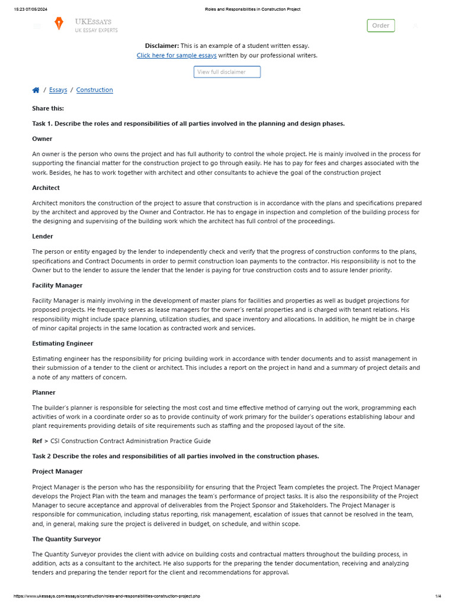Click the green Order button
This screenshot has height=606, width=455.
pos(380,25)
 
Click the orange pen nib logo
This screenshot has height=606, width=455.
pos(59,24)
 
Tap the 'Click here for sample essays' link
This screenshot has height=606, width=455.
pos(177,56)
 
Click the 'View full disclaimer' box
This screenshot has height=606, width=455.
pos(227,72)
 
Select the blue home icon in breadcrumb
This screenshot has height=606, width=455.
pos(36,90)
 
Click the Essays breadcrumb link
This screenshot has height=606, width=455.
pos(58,90)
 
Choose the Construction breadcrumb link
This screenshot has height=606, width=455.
pos(94,90)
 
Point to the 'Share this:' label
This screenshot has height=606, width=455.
pos(48,108)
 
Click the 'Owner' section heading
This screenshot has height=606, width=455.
pos(42,138)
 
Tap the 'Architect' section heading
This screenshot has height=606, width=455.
pos(46,188)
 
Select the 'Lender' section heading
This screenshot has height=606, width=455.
pos(43,236)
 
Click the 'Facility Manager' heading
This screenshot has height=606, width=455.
pos(57,285)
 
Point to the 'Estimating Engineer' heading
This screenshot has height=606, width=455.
pos(62,343)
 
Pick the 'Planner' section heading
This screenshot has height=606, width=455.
pos(44,392)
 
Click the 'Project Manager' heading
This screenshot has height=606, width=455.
pos(57,471)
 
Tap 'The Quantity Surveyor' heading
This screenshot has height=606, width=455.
pos(66,539)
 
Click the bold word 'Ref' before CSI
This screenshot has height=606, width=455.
pos(37,441)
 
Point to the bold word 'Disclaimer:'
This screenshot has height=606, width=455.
pos(162,46)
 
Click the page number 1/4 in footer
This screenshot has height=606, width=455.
pos(438,596)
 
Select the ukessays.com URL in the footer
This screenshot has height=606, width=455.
pos(107,596)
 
